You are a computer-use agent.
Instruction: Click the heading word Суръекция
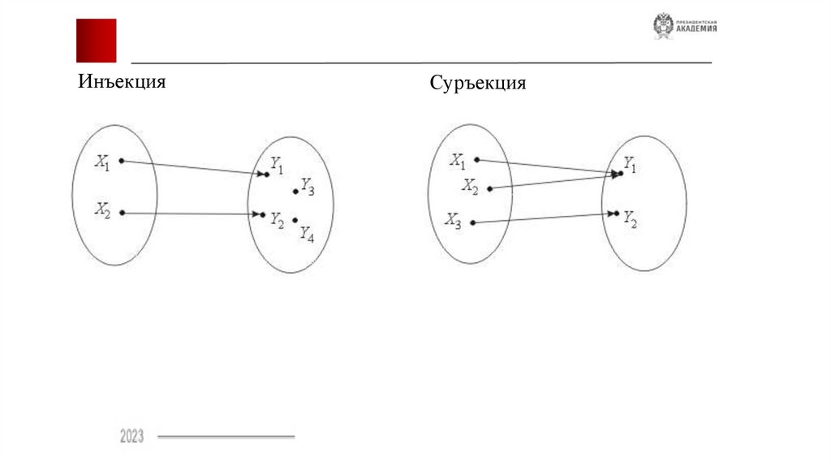(x=478, y=84)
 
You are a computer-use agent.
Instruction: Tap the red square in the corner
(x=97, y=40)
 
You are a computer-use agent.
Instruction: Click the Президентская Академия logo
(x=685, y=27)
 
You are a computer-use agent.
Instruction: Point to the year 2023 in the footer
(x=131, y=437)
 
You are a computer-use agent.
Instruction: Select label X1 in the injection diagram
(x=101, y=162)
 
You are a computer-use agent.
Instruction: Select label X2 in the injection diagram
(x=101, y=210)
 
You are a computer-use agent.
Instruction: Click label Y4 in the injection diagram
(x=307, y=234)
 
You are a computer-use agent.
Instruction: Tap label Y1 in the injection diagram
(x=278, y=168)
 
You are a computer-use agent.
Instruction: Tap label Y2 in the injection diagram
(x=278, y=220)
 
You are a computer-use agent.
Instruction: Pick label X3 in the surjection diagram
(x=453, y=220)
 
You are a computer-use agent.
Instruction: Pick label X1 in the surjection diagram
(x=459, y=160)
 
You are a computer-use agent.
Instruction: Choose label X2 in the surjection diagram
(x=471, y=186)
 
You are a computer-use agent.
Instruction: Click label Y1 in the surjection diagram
(x=630, y=167)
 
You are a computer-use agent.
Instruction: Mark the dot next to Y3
(x=295, y=192)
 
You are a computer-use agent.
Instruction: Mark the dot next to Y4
(x=295, y=219)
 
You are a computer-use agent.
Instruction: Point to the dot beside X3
(x=473, y=222)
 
